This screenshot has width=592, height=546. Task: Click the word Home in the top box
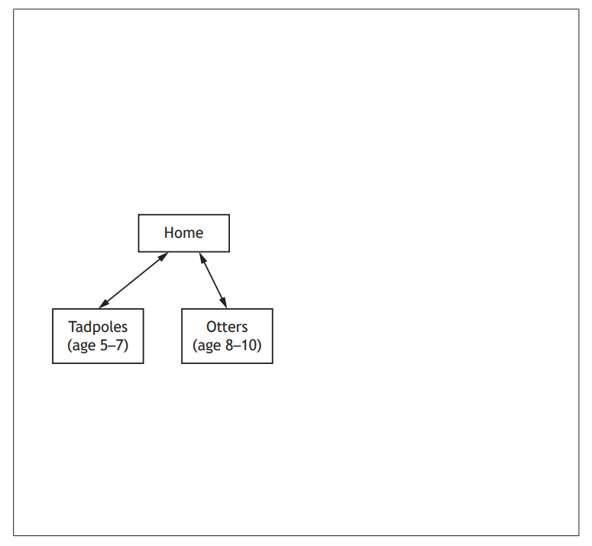tap(183, 232)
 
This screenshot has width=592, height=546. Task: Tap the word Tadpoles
tap(98, 327)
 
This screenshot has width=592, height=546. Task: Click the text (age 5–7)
tap(98, 345)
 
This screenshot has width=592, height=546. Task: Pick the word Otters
tap(227, 327)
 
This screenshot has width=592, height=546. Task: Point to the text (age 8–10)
tap(227, 345)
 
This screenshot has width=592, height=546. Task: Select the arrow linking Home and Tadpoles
tap(134, 280)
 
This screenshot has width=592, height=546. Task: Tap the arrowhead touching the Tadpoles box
tap(103, 304)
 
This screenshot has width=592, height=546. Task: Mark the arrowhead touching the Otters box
tap(224, 304)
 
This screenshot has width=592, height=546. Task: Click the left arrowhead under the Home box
tap(163, 256)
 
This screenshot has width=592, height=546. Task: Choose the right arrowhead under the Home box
tap(202, 257)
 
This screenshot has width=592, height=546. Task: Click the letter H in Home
tap(168, 232)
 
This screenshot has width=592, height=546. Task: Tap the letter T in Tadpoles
tap(71, 327)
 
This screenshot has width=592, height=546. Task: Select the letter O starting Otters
tap(211, 327)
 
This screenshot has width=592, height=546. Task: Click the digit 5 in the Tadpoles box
tap(104, 345)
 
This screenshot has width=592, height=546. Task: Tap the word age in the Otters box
tap(209, 346)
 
